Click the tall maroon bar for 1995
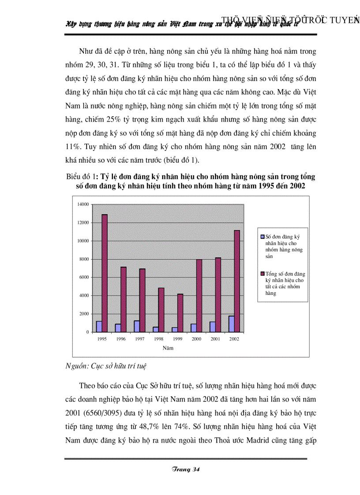tap(105, 273)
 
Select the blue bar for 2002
tap(231, 324)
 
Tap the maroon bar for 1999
tap(180, 313)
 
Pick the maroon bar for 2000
tap(199, 295)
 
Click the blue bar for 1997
tap(137, 326)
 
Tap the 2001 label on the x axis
tap(215, 339)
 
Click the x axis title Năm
tap(168, 348)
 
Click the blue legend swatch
tap(262, 237)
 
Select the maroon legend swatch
tap(262, 274)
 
